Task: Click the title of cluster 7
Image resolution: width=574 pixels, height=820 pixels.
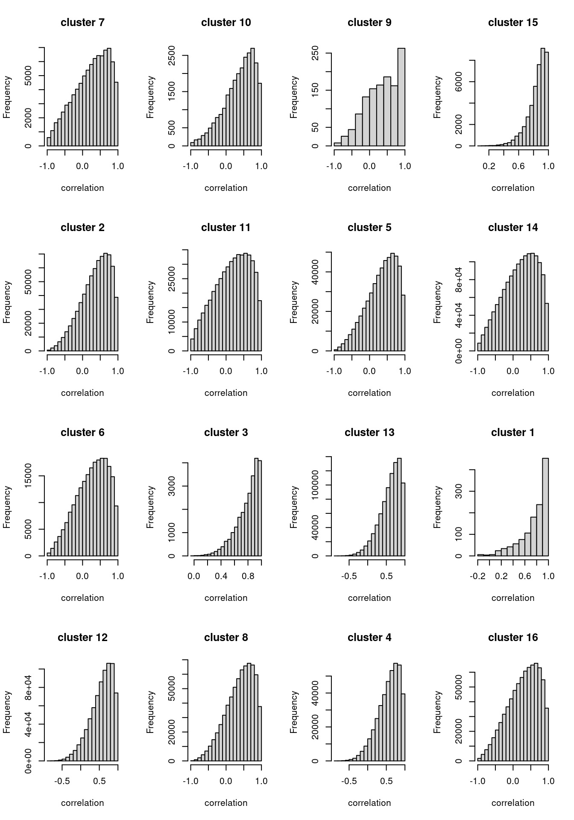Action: coord(82,23)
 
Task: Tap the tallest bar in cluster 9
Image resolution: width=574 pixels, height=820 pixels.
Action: coord(401,97)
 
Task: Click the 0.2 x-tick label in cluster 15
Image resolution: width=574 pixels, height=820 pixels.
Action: coord(489,166)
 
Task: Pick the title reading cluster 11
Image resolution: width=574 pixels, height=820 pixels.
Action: coord(226,228)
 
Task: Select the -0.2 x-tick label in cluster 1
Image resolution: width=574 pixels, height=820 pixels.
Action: coord(478,576)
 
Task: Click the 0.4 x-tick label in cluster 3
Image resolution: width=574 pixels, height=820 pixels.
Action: coord(221,576)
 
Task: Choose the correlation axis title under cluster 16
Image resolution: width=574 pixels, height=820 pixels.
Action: coord(513,803)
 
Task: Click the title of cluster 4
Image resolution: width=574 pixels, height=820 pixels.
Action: coord(369,638)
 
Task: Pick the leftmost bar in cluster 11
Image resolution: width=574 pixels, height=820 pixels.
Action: coord(192,345)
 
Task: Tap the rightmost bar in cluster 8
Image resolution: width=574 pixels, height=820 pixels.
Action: coord(260,733)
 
